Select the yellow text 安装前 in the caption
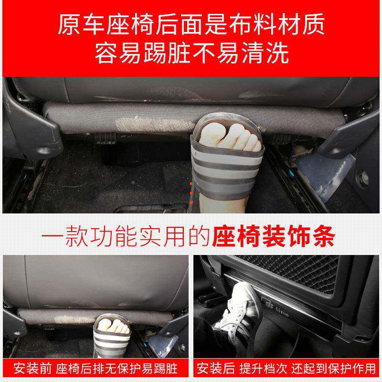coord(28,370)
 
